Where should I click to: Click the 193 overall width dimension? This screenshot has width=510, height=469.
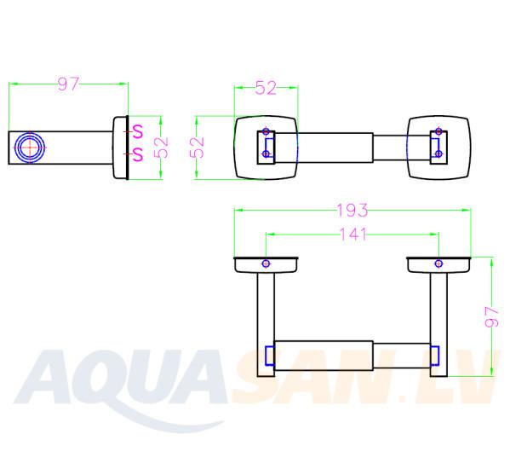click(352, 211)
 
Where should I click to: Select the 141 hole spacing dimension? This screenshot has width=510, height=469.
click(352, 234)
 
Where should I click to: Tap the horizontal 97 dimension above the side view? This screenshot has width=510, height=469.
click(68, 84)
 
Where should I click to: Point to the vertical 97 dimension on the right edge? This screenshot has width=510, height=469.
click(491, 316)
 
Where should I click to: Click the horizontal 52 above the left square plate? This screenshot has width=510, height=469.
click(266, 88)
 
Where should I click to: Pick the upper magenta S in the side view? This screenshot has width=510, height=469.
click(138, 131)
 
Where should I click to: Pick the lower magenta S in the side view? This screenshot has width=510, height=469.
click(138, 154)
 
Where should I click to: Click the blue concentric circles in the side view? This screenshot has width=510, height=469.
click(30, 148)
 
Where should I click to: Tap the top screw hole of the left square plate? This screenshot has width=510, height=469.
click(266, 131)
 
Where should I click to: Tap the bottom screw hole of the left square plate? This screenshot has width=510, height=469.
click(266, 153)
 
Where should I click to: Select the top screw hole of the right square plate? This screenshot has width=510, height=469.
click(438, 131)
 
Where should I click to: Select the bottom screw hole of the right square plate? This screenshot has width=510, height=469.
click(438, 153)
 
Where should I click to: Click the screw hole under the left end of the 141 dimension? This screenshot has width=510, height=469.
click(266, 263)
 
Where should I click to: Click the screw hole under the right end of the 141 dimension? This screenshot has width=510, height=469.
click(438, 263)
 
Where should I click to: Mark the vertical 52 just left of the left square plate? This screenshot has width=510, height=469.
click(197, 148)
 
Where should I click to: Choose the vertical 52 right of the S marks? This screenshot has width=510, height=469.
click(161, 148)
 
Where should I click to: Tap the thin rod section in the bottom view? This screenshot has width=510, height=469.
click(402, 356)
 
